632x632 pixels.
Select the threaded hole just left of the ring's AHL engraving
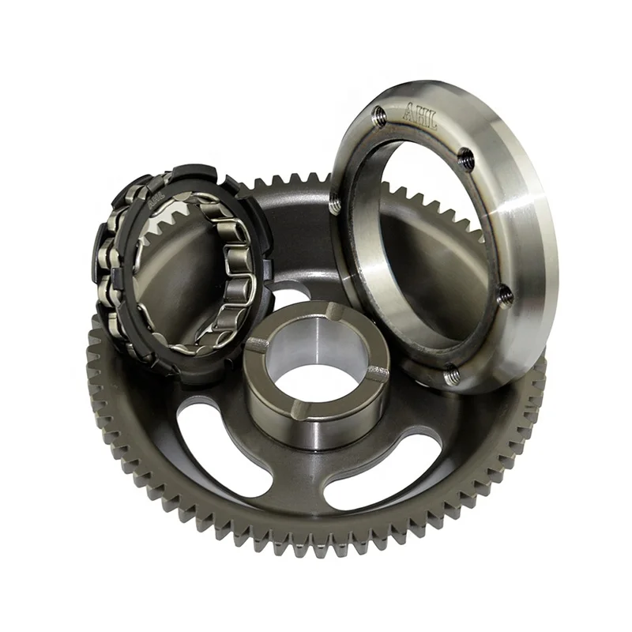[x=379, y=118]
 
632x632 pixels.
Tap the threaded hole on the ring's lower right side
[x=504, y=295]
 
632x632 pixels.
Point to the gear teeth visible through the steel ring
[x=419, y=201]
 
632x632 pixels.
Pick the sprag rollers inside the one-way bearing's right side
[x=237, y=261]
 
